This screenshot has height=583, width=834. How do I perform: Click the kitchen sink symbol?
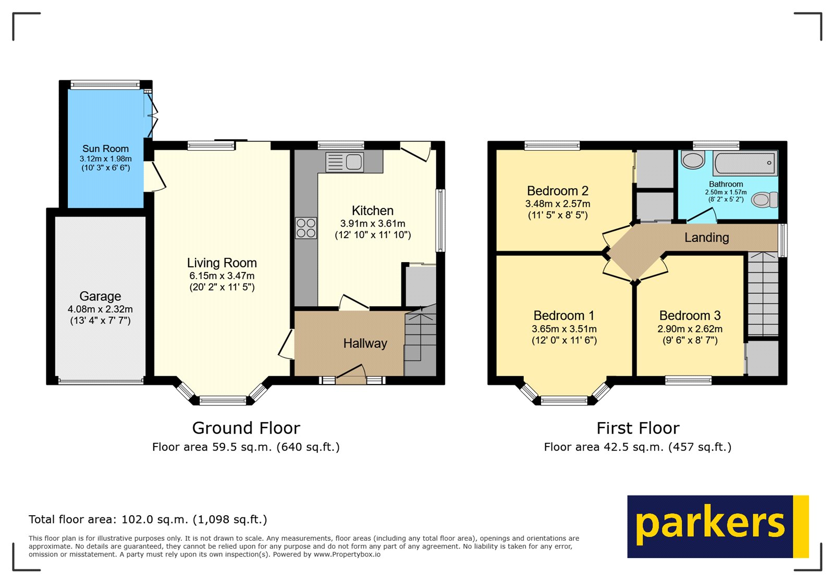(x=345, y=162)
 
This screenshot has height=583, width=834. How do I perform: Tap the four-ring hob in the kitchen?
(x=306, y=228)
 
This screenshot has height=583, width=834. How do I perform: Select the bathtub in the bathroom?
(x=745, y=163)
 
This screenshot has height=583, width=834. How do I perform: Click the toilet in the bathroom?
(x=765, y=200)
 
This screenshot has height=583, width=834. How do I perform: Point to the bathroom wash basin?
(x=693, y=160)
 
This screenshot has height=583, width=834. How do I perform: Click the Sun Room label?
(x=105, y=148)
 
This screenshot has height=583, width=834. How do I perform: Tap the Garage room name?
(x=100, y=296)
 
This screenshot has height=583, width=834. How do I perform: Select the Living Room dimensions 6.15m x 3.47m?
(x=222, y=276)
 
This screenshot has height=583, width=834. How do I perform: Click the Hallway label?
(x=365, y=343)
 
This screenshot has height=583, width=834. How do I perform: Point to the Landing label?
(x=706, y=238)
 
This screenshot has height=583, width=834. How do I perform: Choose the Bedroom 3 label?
(x=690, y=315)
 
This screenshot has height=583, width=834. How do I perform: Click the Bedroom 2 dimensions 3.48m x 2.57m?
(x=558, y=204)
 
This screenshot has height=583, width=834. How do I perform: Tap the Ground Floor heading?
(x=246, y=428)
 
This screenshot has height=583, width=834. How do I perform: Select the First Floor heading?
(x=637, y=428)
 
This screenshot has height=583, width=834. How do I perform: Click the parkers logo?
(x=717, y=526)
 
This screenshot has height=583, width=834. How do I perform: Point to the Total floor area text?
(x=148, y=519)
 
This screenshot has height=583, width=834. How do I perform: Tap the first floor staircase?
(x=763, y=294)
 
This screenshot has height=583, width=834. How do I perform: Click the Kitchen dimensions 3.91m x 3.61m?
(x=373, y=224)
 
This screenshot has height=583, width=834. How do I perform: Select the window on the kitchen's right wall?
(x=441, y=220)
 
